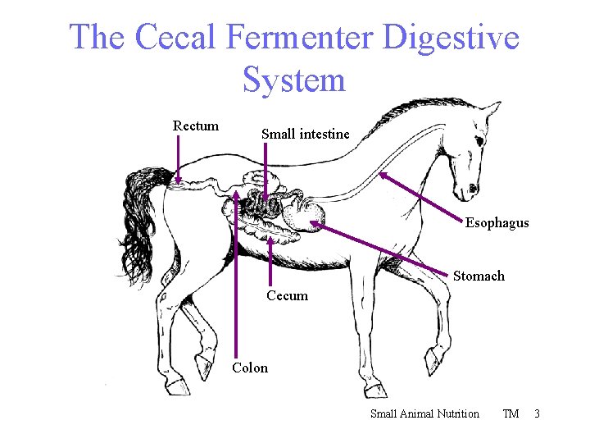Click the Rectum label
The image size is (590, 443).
(x=196, y=126)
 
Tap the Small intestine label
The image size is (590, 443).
(x=305, y=134)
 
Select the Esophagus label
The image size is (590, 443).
(x=497, y=222)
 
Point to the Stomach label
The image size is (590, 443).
(x=479, y=276)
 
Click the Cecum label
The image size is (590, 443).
(x=287, y=295)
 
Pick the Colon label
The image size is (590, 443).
(x=250, y=368)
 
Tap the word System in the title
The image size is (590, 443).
(x=294, y=80)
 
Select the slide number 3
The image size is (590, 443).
(x=537, y=413)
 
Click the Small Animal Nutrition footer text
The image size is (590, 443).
(x=424, y=413)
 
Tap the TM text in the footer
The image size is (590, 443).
(x=511, y=413)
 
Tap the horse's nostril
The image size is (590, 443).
(x=471, y=194)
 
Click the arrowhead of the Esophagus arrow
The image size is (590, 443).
(x=382, y=175)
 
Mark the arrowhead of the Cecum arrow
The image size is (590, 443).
(x=271, y=239)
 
